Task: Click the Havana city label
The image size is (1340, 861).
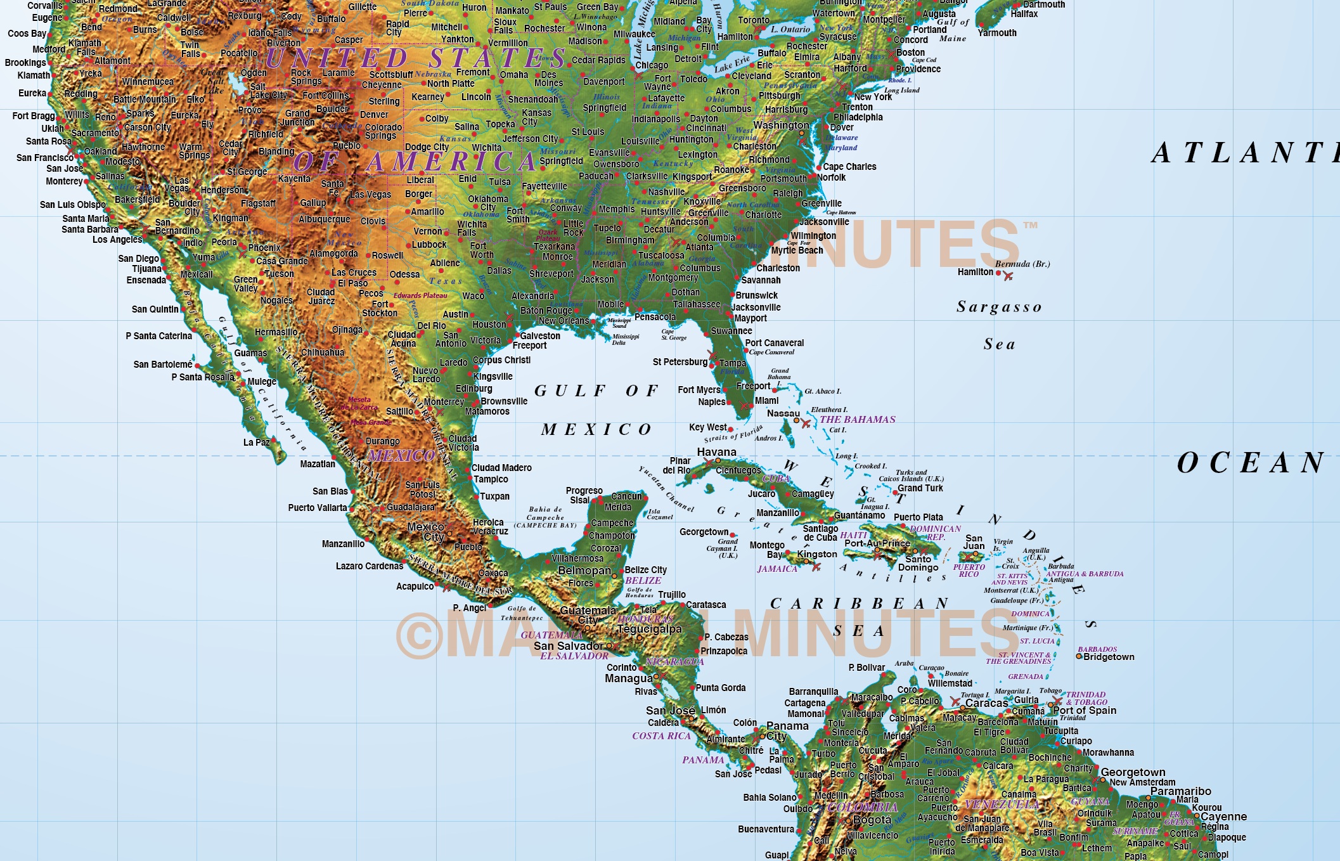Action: (716, 452)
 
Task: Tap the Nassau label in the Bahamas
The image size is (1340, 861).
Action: (783, 413)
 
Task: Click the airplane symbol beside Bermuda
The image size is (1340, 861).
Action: (1008, 276)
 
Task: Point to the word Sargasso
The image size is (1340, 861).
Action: (999, 307)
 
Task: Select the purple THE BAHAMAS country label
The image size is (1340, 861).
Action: (857, 420)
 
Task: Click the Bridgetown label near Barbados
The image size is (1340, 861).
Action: (1109, 657)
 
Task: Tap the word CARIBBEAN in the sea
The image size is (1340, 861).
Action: (859, 603)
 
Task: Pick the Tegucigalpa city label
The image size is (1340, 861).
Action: (649, 629)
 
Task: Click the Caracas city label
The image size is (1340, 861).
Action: (986, 703)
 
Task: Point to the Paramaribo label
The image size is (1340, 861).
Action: (1180, 791)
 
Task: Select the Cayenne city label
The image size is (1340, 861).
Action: (1223, 817)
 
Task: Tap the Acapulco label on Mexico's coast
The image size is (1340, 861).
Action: (415, 586)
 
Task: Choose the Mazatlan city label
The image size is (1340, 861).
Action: (318, 464)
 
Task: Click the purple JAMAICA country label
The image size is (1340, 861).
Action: (777, 569)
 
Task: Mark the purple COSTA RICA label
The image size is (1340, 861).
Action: (661, 736)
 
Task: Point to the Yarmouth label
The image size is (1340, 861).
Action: (997, 33)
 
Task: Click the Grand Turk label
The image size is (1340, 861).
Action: (920, 488)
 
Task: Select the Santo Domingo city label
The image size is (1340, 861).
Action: (918, 563)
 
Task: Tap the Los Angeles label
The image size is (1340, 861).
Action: (117, 240)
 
